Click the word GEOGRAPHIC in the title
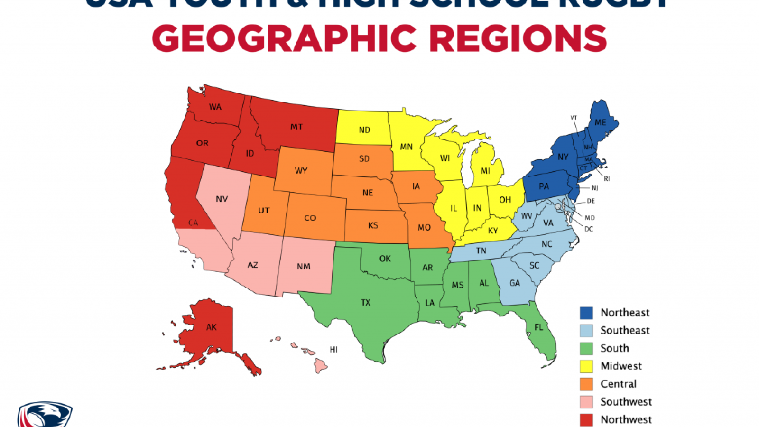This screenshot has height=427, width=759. [284, 39]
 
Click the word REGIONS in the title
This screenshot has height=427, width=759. [518, 39]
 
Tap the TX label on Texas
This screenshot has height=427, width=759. [365, 303]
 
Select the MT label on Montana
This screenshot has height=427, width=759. [296, 127]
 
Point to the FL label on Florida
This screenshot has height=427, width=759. [539, 327]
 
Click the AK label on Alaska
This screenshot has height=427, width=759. [211, 327]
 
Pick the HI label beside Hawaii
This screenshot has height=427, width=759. [333, 350]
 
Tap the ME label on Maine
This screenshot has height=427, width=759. [601, 122]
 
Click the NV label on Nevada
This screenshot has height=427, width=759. [222, 199]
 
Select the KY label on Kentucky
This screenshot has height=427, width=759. [493, 231]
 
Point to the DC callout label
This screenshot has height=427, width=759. [589, 229]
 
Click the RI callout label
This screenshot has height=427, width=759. [607, 179]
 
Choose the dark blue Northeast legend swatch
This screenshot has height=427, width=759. [586, 313]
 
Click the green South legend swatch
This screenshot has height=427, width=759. [586, 349]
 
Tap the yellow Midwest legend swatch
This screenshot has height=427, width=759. [586, 366]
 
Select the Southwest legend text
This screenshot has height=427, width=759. [626, 402]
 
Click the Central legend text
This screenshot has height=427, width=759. [618, 384]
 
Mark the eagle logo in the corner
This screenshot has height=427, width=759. [45, 415]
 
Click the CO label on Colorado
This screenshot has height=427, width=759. [310, 218]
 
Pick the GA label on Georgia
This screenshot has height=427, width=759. [515, 283]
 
